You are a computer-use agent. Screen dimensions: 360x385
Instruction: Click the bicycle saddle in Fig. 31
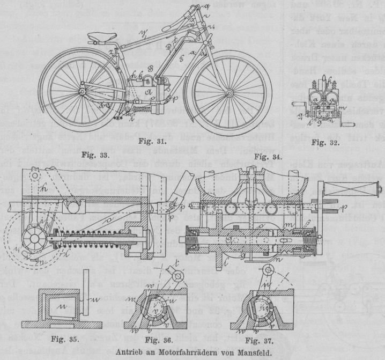(100, 38)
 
